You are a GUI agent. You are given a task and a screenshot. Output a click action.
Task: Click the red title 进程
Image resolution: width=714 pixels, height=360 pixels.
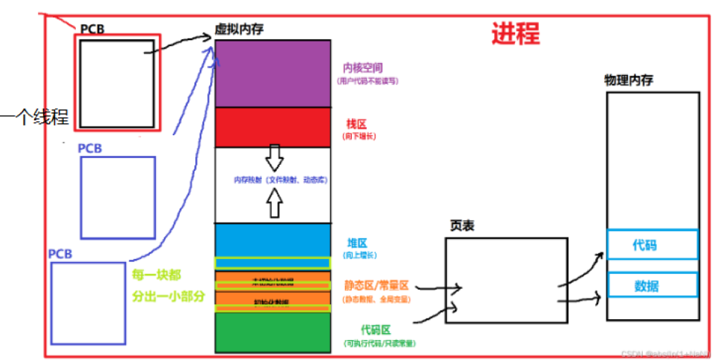(x=515, y=33)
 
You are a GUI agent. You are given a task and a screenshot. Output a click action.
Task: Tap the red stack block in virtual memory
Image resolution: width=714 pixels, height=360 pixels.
(x=272, y=127)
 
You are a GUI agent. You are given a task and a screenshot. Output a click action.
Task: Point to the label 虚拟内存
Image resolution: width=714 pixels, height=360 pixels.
(x=238, y=28)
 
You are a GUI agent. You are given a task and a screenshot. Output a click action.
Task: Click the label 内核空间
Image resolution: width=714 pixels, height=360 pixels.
(x=363, y=68)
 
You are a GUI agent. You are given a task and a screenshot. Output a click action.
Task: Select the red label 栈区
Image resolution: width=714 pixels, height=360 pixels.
(x=357, y=123)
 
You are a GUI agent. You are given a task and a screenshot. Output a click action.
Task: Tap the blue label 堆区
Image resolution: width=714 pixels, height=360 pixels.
(x=357, y=243)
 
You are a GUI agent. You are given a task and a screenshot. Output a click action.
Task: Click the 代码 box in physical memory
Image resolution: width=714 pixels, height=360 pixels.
(x=651, y=244)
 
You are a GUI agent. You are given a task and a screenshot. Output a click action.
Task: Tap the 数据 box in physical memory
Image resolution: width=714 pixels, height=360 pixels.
(x=651, y=286)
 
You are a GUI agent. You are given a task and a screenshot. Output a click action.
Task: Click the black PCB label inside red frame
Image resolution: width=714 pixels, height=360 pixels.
(x=93, y=29)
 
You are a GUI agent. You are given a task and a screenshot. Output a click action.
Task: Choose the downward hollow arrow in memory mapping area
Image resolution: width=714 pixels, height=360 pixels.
(x=274, y=157)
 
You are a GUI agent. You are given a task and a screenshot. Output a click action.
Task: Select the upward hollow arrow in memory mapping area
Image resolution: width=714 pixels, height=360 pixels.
(x=274, y=203)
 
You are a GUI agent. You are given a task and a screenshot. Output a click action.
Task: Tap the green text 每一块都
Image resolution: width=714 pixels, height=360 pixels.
(x=157, y=274)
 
